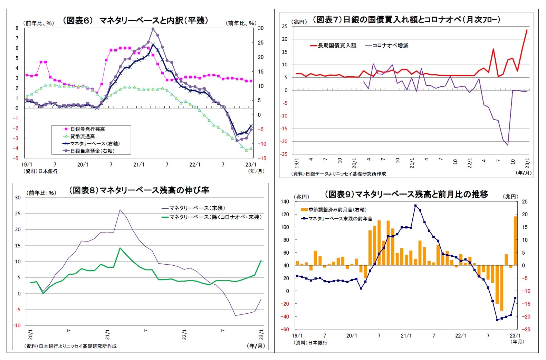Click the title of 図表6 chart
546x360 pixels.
tap(136, 21)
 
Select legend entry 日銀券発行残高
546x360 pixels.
tap(87, 129)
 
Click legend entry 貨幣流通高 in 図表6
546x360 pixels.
tap(83, 136)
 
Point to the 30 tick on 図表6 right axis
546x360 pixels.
tap(261, 28)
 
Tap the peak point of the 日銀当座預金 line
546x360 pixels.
tap(153, 29)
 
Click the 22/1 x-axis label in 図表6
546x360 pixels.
tap(195, 165)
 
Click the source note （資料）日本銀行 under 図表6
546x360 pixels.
tap(40, 171)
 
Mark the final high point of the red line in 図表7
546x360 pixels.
tap(527, 30)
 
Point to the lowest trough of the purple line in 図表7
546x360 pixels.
tap(508, 145)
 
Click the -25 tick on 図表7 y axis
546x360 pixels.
tap(284, 154)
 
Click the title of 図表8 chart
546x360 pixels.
tap(139, 190)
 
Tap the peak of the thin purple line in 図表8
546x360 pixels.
tap(120, 210)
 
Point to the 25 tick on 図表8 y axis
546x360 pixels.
tap(18, 214)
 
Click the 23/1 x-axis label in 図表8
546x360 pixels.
tap(261, 334)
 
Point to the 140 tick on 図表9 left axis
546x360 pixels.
tap(285, 202)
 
